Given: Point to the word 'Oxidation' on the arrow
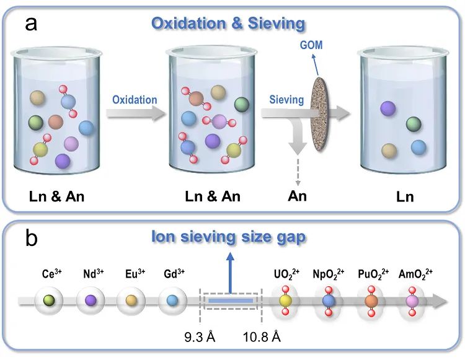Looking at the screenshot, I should [x=135, y=99].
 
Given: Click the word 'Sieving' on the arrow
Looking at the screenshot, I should [x=286, y=99].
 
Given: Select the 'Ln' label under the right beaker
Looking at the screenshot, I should [x=404, y=197].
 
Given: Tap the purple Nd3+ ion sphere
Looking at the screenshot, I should [x=90, y=301].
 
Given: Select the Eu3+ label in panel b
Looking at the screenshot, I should [x=130, y=273].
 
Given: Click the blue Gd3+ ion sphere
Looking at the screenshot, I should [x=172, y=301].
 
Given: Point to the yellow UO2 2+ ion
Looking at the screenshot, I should [x=285, y=301].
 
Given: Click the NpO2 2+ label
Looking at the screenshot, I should [x=328, y=273].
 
